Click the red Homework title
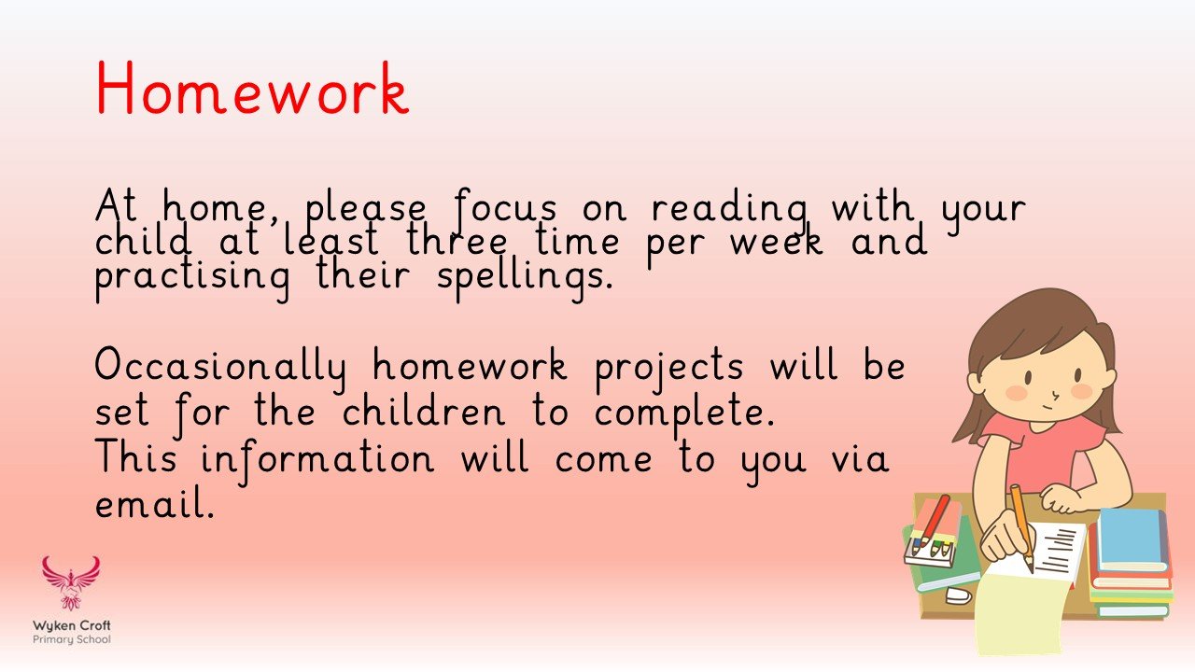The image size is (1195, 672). [x=252, y=91]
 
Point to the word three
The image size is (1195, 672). [x=458, y=243]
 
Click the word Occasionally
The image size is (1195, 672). [x=220, y=367]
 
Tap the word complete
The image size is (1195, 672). [x=684, y=413]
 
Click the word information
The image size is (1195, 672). [x=317, y=458]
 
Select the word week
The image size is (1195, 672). [x=777, y=243]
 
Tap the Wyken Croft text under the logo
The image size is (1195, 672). [x=72, y=625]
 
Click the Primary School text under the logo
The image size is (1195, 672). [x=72, y=639]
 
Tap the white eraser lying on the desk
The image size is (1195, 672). [x=958, y=595]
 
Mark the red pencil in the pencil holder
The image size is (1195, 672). [x=934, y=519]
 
